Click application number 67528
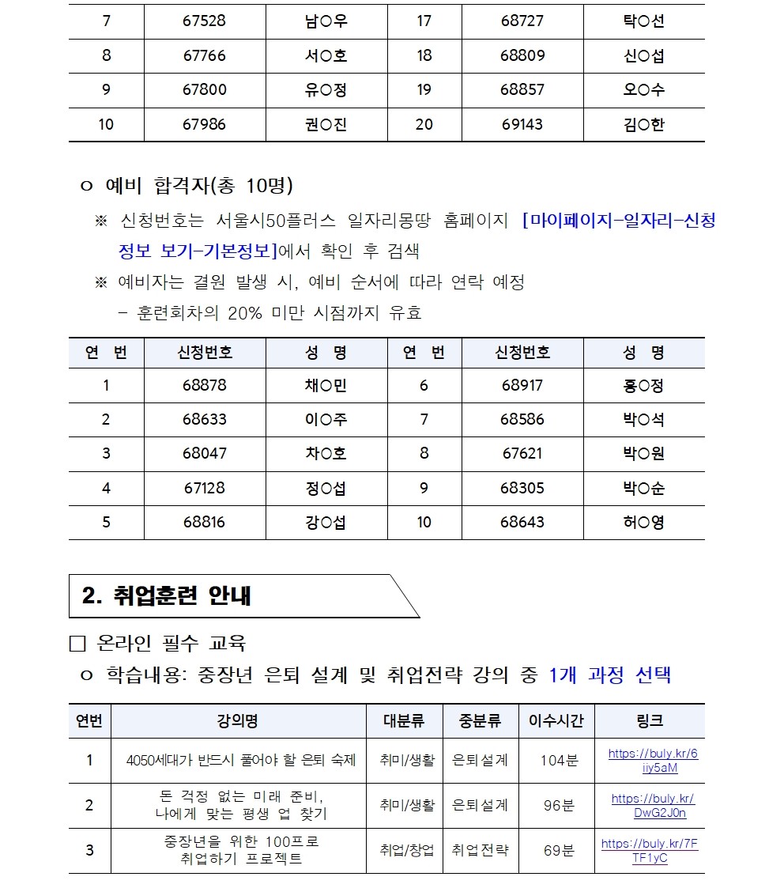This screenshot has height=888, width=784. [x=204, y=21]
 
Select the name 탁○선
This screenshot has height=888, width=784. [x=643, y=21]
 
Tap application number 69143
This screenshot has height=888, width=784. [x=522, y=125]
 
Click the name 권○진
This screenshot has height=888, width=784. [x=326, y=125]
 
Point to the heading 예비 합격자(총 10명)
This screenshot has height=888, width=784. [x=198, y=186]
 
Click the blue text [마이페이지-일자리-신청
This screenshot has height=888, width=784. [x=619, y=221]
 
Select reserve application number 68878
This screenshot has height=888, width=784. [x=204, y=385]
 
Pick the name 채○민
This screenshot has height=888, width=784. [x=326, y=385]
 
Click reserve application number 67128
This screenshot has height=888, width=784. [x=204, y=488]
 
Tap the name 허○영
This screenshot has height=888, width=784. [x=643, y=523]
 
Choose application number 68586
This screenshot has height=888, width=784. [x=522, y=419]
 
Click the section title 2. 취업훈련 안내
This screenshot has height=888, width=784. [x=167, y=595]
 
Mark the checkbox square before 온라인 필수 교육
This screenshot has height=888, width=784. [x=77, y=644]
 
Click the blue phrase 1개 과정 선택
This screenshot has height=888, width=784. [x=609, y=675]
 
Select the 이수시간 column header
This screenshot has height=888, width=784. [x=556, y=721]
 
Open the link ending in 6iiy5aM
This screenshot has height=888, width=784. [x=654, y=761]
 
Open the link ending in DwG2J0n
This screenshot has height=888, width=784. [x=654, y=806]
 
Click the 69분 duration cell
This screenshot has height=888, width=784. [x=559, y=851]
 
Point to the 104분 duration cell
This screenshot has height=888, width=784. [x=559, y=761]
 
